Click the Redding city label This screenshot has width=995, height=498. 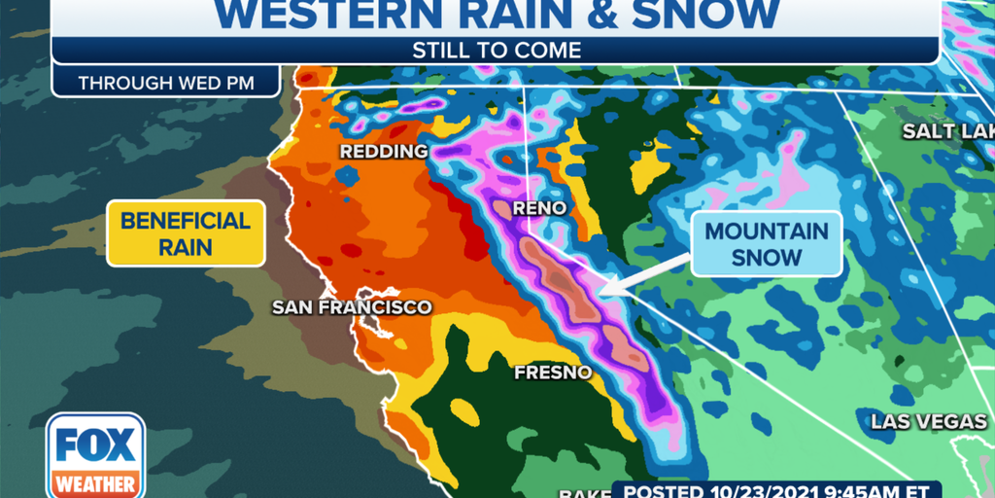[x=383, y=152]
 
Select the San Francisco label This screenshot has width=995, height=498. [x=351, y=307]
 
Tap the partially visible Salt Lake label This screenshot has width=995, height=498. [x=947, y=131]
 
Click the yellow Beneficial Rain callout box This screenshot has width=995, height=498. [x=186, y=232]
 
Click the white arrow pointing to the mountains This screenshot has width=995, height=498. [x=641, y=276]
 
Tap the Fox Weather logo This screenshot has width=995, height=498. [x=95, y=455]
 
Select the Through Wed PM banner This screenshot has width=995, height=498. [x=166, y=83]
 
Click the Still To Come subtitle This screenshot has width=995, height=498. [x=496, y=51]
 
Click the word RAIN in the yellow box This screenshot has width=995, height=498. [x=186, y=247]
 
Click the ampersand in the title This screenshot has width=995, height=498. [x=608, y=14]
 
